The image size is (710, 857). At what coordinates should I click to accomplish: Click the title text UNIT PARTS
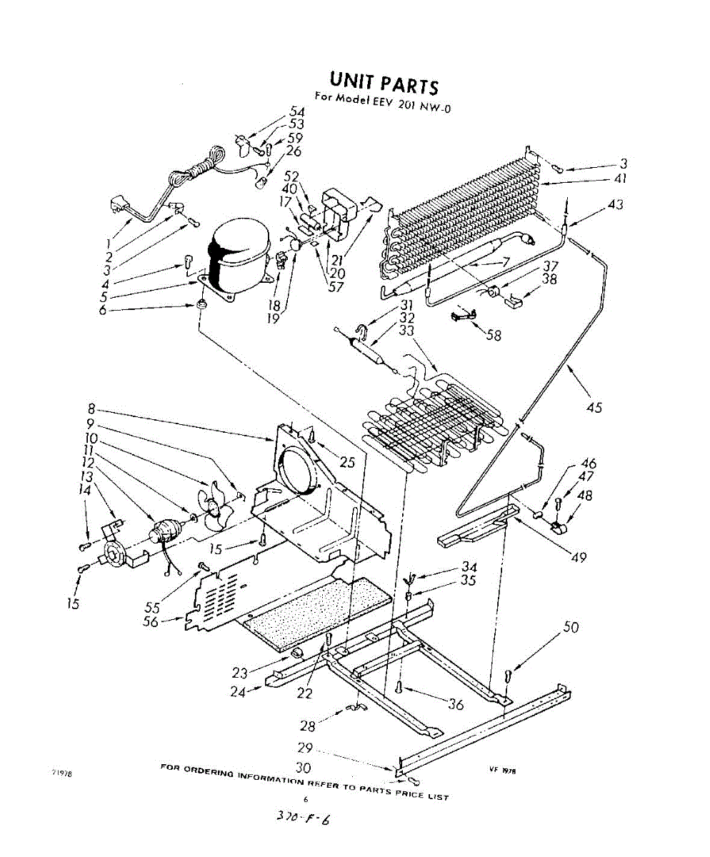pos(383,83)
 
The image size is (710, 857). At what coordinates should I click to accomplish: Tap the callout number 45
pos(593,408)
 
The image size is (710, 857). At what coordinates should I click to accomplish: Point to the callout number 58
pos(493,335)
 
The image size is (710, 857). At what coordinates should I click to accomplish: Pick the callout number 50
pos(571,627)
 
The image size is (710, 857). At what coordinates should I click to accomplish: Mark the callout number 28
pos(308,726)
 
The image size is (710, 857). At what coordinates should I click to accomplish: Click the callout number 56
pos(151,621)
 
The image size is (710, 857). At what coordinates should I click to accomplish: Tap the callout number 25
pos(346,463)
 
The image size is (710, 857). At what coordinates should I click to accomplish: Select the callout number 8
pos(91,411)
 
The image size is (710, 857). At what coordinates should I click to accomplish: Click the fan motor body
pos(166,532)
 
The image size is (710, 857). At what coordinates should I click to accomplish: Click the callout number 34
pos(469,567)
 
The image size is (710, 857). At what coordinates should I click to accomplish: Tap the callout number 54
pos(296,112)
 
